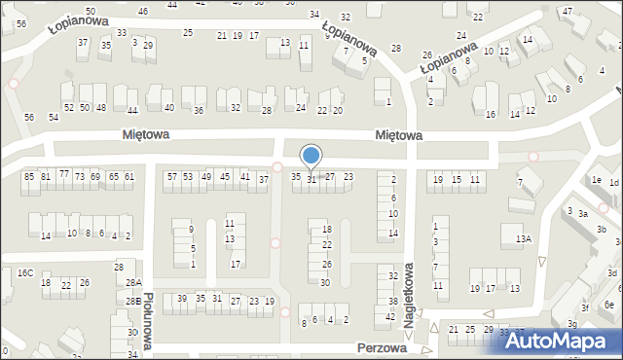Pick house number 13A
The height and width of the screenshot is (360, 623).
click(524, 238)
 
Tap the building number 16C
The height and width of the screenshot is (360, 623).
click(24, 272)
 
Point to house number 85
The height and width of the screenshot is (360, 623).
click(29, 176)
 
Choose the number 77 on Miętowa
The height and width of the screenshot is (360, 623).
click(64, 173)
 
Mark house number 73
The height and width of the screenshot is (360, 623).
click(80, 176)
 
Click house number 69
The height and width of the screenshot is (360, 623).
click(95, 176)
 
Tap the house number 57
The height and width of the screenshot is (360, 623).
click(172, 176)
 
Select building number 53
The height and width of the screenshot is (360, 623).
click(188, 176)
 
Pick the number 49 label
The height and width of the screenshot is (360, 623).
click(205, 176)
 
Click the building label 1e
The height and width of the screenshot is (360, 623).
click(596, 181)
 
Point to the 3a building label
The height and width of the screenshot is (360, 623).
click(582, 213)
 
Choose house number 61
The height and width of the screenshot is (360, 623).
click(128, 176)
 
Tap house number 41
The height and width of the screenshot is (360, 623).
click(244, 176)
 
